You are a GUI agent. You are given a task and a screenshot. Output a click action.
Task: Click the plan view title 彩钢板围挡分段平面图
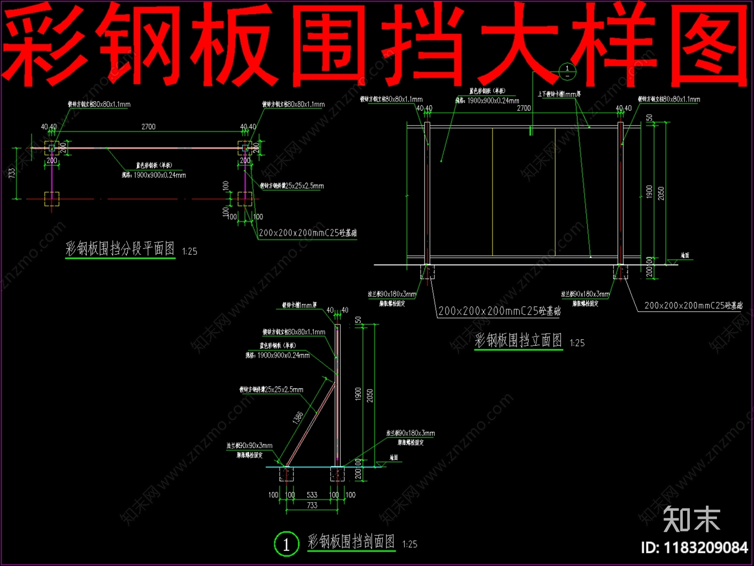(x=120, y=249)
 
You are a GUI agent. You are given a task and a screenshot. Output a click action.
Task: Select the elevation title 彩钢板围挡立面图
(x=518, y=340)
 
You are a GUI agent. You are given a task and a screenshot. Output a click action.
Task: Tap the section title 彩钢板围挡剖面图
(x=351, y=541)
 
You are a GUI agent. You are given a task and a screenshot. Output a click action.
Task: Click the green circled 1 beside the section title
(x=286, y=544)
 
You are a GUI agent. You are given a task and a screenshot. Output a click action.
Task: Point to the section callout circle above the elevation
(x=567, y=72)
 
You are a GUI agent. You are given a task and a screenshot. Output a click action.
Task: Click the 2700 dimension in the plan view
(x=148, y=126)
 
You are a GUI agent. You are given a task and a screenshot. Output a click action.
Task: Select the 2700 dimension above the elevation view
(x=524, y=108)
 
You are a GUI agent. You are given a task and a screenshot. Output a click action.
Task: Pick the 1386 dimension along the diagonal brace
(x=298, y=417)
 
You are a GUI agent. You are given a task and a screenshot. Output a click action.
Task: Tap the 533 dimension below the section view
(x=312, y=495)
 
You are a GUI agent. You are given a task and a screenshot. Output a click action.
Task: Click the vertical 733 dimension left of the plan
(x=12, y=173)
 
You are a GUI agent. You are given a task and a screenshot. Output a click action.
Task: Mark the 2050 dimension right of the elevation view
(x=661, y=193)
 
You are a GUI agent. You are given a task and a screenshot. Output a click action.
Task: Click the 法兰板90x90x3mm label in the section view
(x=249, y=446)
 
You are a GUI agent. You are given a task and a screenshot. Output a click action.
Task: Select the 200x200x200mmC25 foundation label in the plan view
(x=307, y=233)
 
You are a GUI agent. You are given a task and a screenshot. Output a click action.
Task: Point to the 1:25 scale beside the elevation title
(x=577, y=343)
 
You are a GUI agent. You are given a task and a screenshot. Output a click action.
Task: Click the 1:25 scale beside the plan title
(x=189, y=251)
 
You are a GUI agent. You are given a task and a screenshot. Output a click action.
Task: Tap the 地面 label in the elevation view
(x=685, y=255)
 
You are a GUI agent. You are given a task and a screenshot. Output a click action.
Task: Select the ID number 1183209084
(x=694, y=548)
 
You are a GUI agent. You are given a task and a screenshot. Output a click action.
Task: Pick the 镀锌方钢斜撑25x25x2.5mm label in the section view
(x=271, y=390)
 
